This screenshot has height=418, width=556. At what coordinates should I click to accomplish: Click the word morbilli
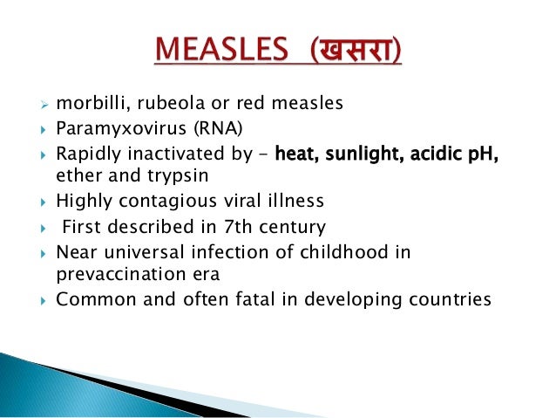coord(85,104)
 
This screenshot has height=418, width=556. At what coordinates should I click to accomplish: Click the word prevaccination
coord(108,272)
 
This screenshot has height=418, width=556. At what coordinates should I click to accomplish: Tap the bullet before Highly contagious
coord(43,202)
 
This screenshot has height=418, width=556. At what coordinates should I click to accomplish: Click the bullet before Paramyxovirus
coord(43,130)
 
